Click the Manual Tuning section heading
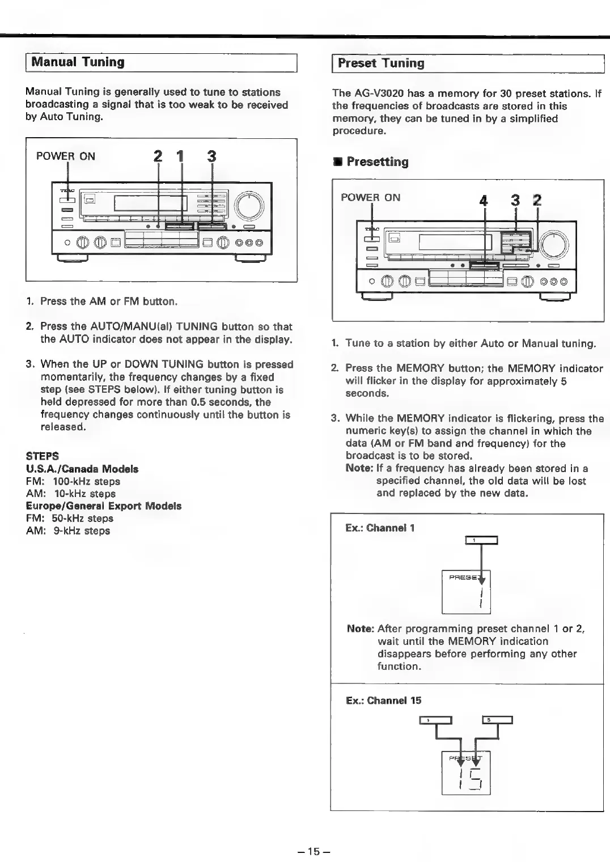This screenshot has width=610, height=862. click(x=78, y=62)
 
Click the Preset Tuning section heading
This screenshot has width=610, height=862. click(x=380, y=63)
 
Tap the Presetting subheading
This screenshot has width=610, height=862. click(x=377, y=162)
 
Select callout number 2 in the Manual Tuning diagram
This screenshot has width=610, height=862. click(x=158, y=156)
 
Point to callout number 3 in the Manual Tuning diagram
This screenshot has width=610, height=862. click(x=211, y=156)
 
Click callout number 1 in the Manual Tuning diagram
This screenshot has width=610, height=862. click(x=181, y=156)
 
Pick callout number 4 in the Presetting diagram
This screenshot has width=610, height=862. click(x=483, y=201)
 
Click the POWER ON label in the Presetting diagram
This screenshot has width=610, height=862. click(x=370, y=197)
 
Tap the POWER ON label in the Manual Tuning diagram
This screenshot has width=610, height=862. click(x=66, y=156)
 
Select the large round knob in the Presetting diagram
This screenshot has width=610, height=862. click(x=553, y=245)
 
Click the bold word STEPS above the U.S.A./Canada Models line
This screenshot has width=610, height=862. click(x=43, y=456)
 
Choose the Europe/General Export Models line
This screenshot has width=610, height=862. click(x=104, y=506)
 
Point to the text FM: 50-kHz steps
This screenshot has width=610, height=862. click(x=70, y=518)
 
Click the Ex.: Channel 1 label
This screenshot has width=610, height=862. click(x=380, y=528)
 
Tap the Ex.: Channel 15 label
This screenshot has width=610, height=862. click(x=384, y=700)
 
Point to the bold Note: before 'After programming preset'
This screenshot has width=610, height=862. click(x=360, y=629)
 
